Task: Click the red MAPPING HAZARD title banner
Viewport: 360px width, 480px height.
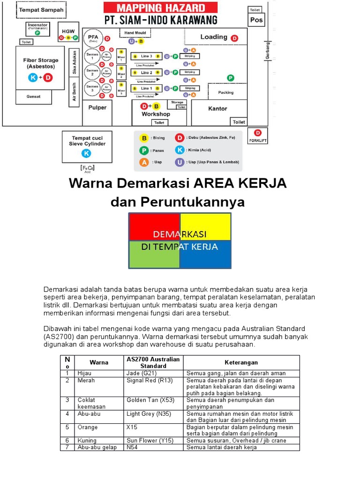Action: [160, 7]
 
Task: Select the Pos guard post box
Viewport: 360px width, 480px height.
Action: [256, 20]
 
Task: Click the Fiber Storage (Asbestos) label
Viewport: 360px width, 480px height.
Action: [41, 63]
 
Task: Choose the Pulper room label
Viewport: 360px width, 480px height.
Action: [97, 107]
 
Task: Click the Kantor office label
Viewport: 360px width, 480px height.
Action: [217, 108]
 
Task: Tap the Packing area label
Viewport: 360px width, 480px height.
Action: [225, 92]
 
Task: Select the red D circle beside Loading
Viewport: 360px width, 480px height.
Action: [234, 38]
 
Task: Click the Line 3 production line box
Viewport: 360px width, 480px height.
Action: [147, 56]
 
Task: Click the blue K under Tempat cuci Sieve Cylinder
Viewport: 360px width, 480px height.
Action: [86, 153]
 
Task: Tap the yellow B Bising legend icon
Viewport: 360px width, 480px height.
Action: [144, 138]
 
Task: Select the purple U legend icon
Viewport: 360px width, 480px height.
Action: [179, 162]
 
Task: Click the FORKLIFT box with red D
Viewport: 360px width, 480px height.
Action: [258, 135]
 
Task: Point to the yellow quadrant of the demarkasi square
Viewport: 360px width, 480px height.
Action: [205, 226]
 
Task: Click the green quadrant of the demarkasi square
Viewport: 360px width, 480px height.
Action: [154, 255]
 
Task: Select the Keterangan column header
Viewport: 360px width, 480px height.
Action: [241, 362]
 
